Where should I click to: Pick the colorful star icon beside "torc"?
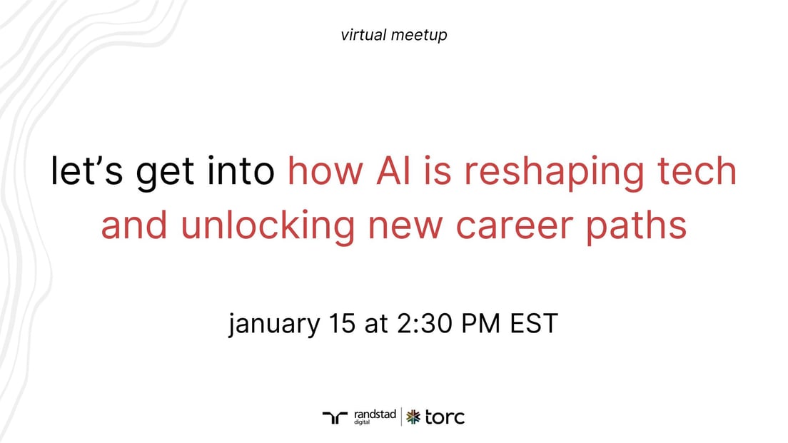point(413,417)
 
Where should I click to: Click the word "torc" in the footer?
point(445,417)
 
